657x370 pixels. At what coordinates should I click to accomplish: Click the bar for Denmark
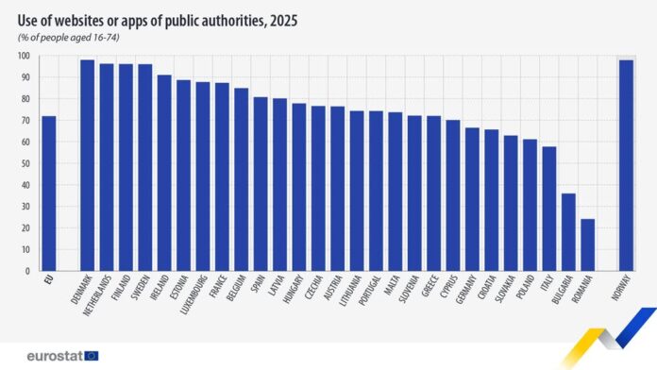87,165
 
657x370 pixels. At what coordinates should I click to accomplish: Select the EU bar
48,193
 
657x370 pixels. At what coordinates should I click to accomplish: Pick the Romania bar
587,244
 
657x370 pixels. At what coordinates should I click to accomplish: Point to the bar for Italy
549,209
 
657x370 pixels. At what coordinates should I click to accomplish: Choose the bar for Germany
472,199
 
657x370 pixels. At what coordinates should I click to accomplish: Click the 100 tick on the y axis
24,56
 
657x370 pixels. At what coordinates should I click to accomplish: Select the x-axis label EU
49,280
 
